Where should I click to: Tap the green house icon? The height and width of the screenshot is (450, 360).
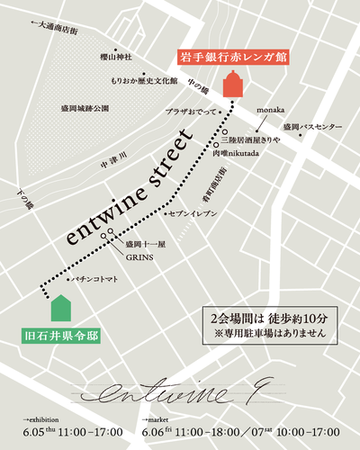[x=61, y=307]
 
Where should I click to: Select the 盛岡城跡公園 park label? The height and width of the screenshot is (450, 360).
[x=85, y=108]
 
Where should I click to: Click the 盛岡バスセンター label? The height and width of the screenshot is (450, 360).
[x=311, y=127]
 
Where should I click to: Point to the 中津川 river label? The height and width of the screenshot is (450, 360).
[x=115, y=163]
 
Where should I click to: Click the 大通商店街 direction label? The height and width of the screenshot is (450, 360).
[x=54, y=29]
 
